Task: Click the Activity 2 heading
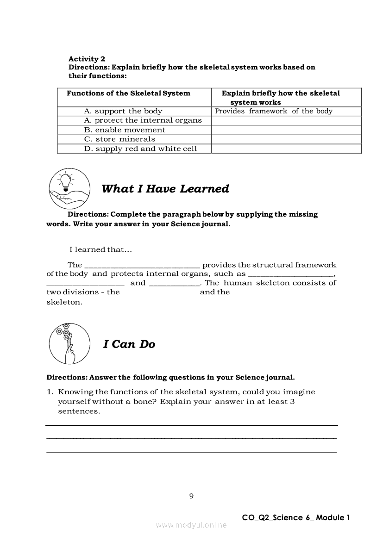point(87,59)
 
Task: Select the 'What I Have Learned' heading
point(165,189)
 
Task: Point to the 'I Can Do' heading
point(129,344)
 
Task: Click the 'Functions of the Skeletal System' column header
point(128,93)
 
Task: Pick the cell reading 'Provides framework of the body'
point(274,111)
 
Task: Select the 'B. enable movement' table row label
point(125,130)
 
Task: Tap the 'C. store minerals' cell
point(119,139)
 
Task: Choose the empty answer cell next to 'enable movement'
point(286,130)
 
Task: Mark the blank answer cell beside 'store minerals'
point(286,139)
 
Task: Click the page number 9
point(191,497)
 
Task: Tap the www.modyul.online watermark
point(191,525)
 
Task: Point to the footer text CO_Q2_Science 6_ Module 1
point(295,517)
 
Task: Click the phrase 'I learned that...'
point(100,250)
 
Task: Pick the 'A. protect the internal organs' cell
point(143,120)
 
